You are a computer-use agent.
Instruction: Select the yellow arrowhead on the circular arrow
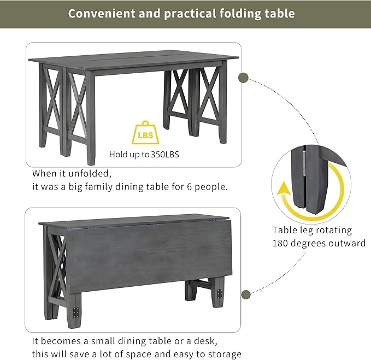(284, 191)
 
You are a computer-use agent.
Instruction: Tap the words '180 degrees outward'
(319, 244)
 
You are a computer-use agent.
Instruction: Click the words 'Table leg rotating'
(312, 230)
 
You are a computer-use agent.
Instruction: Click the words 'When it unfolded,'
(72, 173)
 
